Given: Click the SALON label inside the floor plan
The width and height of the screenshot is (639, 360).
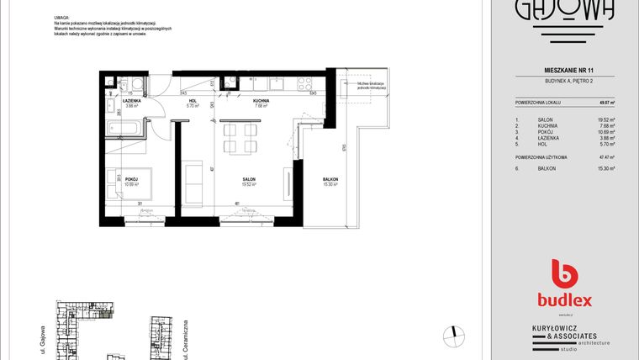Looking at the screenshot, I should (x=250, y=180).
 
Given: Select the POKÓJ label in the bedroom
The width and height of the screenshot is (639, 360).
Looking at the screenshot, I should (x=131, y=180).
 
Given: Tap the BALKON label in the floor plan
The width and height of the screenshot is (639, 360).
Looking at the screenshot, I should (x=330, y=180).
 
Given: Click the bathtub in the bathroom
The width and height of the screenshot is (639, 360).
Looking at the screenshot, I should (x=124, y=130).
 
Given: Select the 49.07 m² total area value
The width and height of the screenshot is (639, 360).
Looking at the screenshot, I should (x=605, y=102).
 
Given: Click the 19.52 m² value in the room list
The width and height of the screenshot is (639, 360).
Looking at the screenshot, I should (x=605, y=120).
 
